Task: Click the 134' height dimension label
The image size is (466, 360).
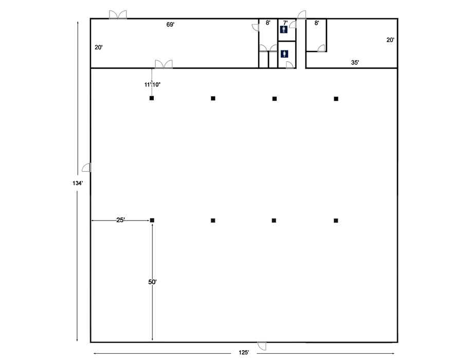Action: (77, 183)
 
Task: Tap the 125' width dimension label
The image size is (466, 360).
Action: (244, 353)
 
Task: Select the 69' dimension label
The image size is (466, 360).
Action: (170, 25)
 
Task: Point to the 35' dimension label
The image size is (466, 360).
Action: (355, 62)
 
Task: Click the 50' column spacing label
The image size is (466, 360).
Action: (152, 282)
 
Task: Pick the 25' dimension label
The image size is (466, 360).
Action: (120, 220)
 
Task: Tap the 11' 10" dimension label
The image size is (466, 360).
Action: (152, 85)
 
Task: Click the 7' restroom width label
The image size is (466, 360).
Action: (285, 23)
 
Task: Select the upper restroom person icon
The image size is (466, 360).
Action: (284, 29)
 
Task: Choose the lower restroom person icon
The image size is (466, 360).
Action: (284, 54)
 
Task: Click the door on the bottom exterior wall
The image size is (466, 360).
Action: (262, 346)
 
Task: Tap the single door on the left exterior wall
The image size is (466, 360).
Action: (86, 168)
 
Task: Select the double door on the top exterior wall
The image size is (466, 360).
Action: (118, 15)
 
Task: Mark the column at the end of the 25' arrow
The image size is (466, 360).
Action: (152, 220)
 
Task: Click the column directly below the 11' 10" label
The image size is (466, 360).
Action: (152, 98)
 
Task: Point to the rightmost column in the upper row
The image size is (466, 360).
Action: (336, 99)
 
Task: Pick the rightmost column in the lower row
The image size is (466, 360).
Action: (336, 221)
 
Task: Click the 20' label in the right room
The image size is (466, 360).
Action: (390, 40)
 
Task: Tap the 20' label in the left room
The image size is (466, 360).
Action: (99, 47)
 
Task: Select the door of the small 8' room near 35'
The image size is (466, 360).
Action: (321, 48)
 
